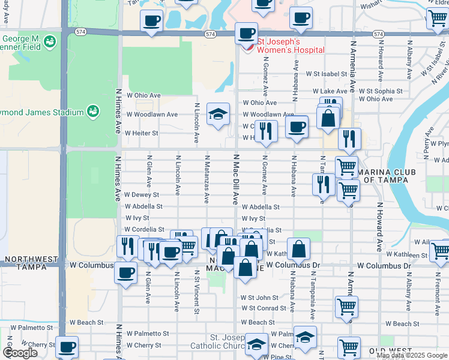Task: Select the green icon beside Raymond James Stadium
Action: pos(92,111)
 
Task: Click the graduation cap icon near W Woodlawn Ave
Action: pos(218,113)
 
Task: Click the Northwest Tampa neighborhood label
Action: pos(30,263)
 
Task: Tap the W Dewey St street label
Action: pos(142,195)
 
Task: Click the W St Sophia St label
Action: pos(381,91)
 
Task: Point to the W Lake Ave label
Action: pos(327,91)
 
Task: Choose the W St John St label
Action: pos(259,298)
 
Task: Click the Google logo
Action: pos(20,353)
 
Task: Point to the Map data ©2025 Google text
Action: pos(412,355)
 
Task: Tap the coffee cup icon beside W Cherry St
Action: pos(67,346)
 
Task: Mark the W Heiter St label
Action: pos(142,133)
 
